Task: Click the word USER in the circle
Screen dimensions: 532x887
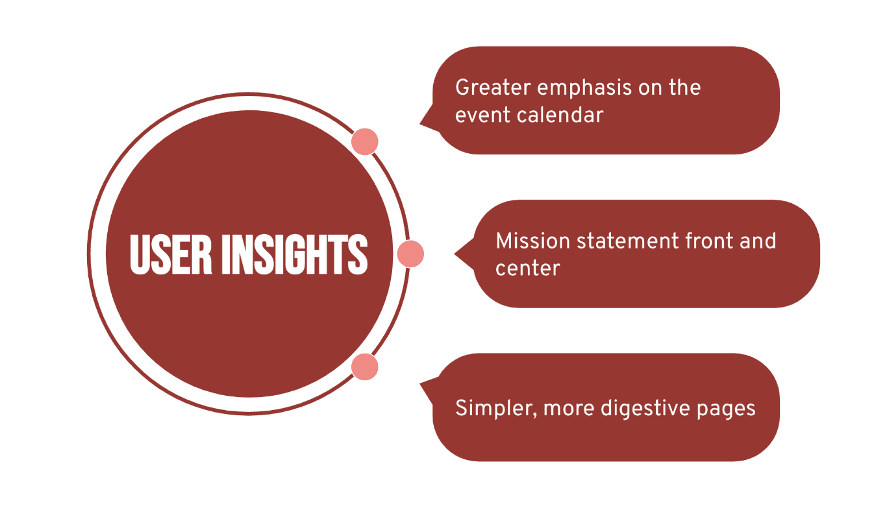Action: coord(171,254)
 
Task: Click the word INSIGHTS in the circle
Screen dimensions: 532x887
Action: coord(294,254)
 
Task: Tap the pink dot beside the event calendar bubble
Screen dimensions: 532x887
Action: coord(365,141)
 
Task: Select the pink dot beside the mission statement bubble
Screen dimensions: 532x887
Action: coord(410,254)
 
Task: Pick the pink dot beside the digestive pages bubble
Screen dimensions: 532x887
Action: coord(365,367)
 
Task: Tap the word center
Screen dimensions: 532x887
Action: coord(527,268)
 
